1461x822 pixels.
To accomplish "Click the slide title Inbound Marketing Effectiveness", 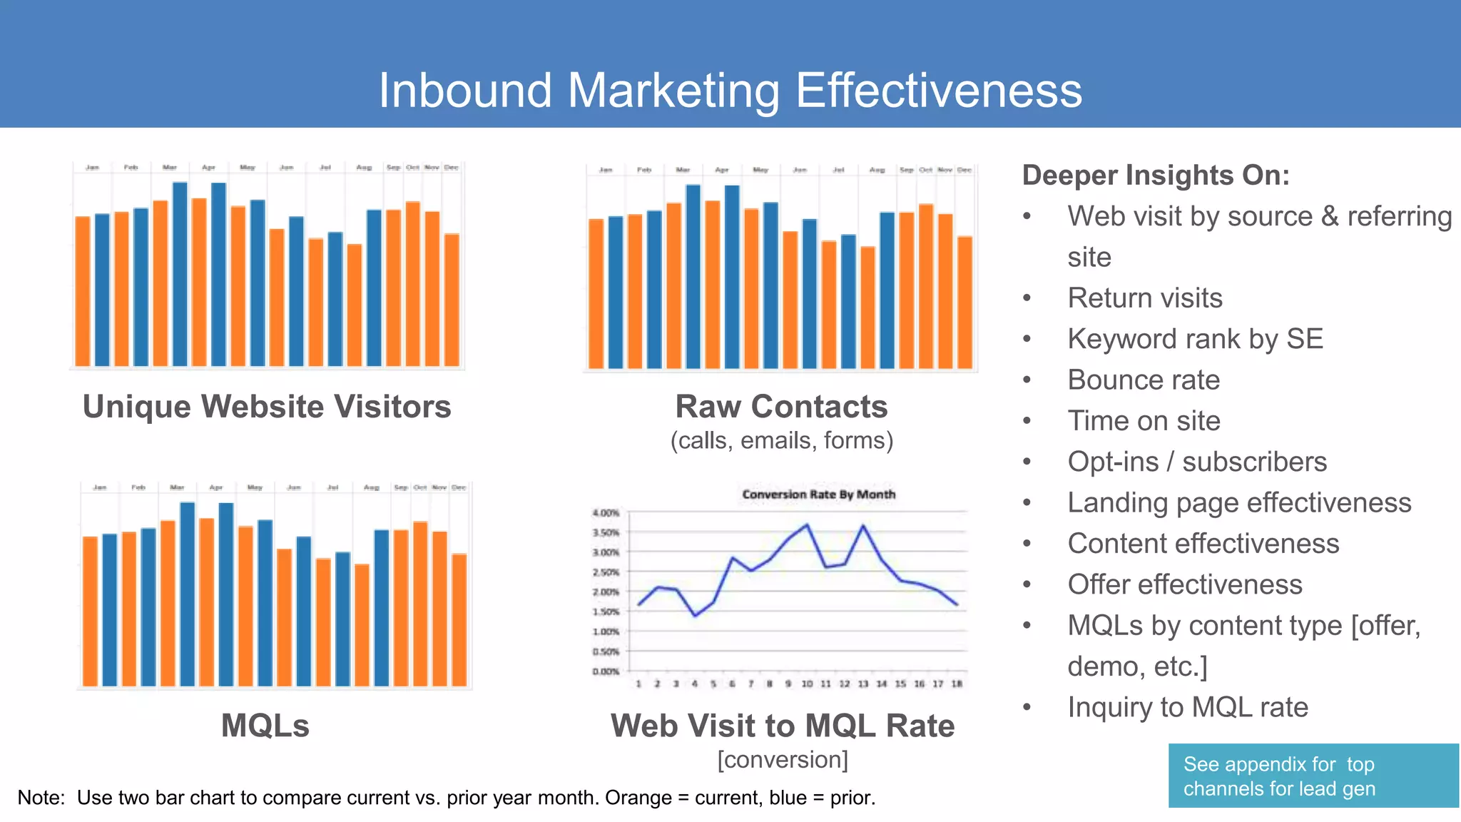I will click(730, 91).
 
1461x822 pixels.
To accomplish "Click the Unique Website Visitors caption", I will click(267, 407).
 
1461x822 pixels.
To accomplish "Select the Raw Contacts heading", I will click(781, 407).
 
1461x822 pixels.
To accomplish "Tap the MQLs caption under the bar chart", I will click(265, 726).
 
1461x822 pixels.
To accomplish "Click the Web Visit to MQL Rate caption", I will click(782, 726).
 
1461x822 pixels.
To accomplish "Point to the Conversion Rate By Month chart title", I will click(818, 494).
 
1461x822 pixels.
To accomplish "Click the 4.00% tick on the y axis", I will click(606, 513).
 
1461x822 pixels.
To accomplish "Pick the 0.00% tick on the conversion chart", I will click(606, 671).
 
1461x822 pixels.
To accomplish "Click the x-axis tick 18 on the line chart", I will click(957, 684).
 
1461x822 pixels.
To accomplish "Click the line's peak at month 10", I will click(807, 525).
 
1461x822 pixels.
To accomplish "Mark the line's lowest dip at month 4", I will click(696, 615).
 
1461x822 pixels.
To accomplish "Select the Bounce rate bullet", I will click(1143, 380).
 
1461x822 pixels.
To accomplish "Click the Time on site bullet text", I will click(1144, 421).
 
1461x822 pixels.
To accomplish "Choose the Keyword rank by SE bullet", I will click(1195, 339).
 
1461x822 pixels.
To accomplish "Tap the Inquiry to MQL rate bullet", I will click(1188, 708).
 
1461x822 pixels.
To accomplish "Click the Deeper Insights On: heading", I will click(1156, 176).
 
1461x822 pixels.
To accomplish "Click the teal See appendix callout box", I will click(1313, 776).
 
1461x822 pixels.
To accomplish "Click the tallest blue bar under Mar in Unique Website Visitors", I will click(180, 274).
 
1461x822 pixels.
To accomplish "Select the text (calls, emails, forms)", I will click(781, 441).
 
